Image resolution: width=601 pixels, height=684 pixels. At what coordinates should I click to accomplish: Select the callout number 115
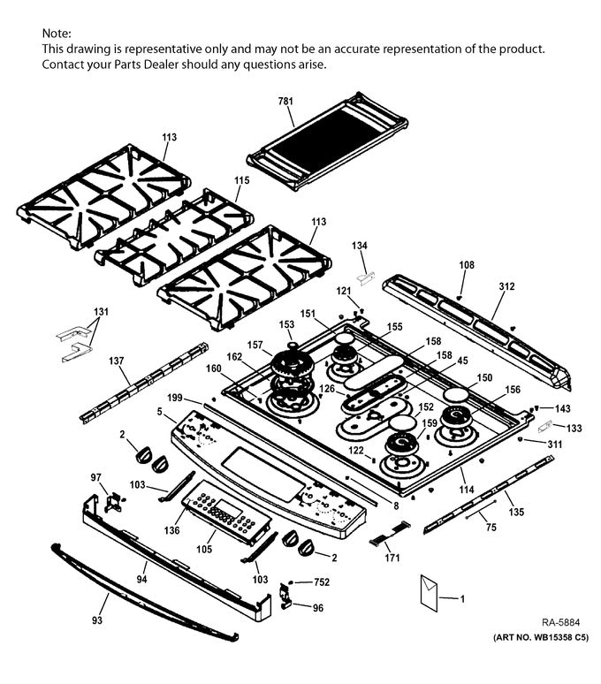241,179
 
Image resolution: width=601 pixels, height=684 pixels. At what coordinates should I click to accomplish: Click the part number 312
506,287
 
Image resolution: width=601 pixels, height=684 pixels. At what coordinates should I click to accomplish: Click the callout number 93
98,620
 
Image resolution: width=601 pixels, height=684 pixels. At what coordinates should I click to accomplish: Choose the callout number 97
97,477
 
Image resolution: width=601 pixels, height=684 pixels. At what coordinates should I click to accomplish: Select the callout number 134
360,245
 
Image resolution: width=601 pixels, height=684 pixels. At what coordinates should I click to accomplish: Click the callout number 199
174,397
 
